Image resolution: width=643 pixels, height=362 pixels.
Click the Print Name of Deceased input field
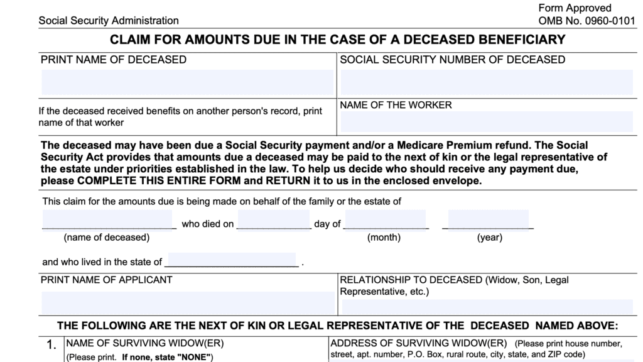187,82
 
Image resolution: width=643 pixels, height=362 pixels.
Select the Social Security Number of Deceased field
487,82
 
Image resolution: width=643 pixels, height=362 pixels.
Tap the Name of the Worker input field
487,121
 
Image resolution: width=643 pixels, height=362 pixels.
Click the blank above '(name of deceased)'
108,221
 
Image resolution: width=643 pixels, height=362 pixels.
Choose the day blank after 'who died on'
274,221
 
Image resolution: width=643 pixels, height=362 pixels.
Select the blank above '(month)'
385,221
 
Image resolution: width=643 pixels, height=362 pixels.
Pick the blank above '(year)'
488,221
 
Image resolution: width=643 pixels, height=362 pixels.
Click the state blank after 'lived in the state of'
232,260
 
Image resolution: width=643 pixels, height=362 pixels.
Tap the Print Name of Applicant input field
187,302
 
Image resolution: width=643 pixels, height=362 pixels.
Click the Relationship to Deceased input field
487,307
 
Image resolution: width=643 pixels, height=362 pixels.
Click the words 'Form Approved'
575,8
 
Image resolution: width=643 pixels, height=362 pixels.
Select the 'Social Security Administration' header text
108,21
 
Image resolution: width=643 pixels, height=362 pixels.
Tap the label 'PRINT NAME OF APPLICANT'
106,280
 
